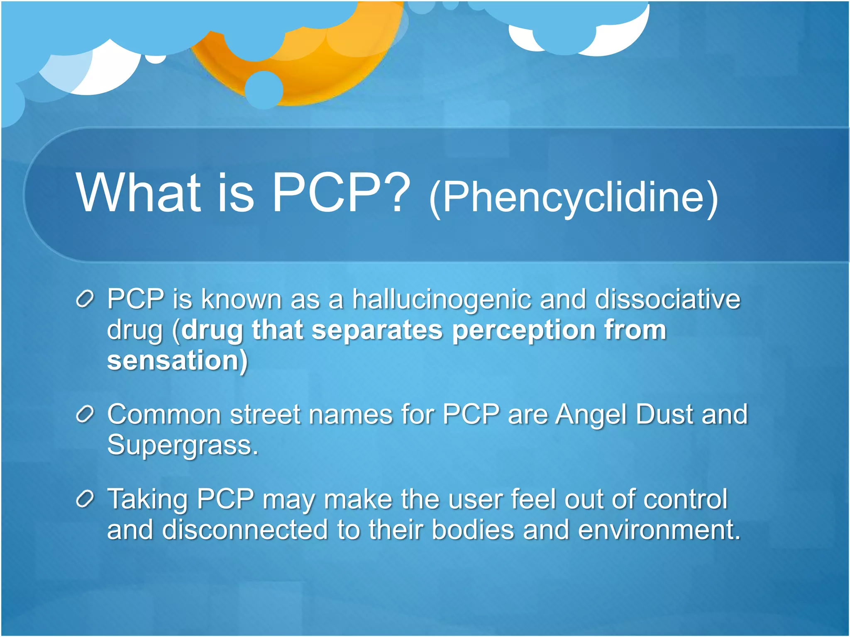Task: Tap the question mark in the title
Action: click(x=396, y=193)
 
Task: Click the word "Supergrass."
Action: click(x=183, y=445)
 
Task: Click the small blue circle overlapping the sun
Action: click(x=264, y=90)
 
